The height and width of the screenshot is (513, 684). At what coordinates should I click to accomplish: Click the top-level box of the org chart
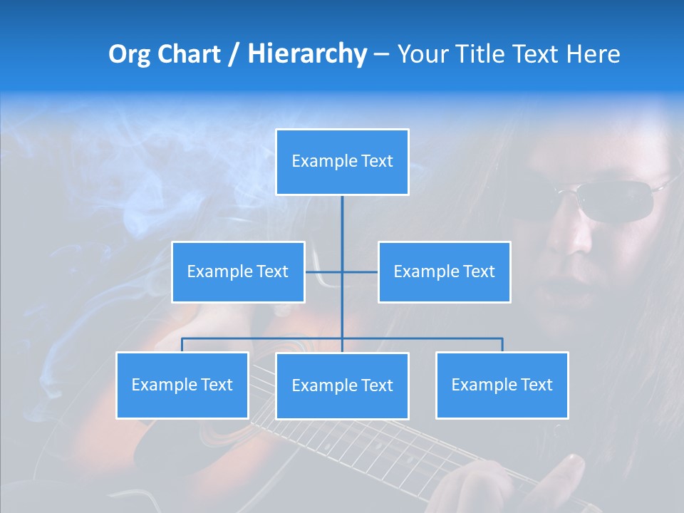[342, 162]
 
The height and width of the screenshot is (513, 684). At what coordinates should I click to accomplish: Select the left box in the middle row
[238, 271]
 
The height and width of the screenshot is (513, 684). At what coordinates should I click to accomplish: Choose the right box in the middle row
[444, 271]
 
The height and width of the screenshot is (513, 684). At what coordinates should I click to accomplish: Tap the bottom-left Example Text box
[182, 385]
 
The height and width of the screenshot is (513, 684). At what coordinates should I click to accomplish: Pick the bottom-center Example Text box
[342, 385]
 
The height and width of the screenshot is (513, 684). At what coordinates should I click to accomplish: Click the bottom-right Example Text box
[502, 385]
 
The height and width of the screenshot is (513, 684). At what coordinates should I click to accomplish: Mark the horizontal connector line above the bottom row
[427, 338]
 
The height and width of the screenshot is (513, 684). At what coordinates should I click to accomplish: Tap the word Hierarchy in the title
[307, 54]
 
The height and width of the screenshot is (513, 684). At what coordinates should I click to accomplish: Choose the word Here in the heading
[593, 54]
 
